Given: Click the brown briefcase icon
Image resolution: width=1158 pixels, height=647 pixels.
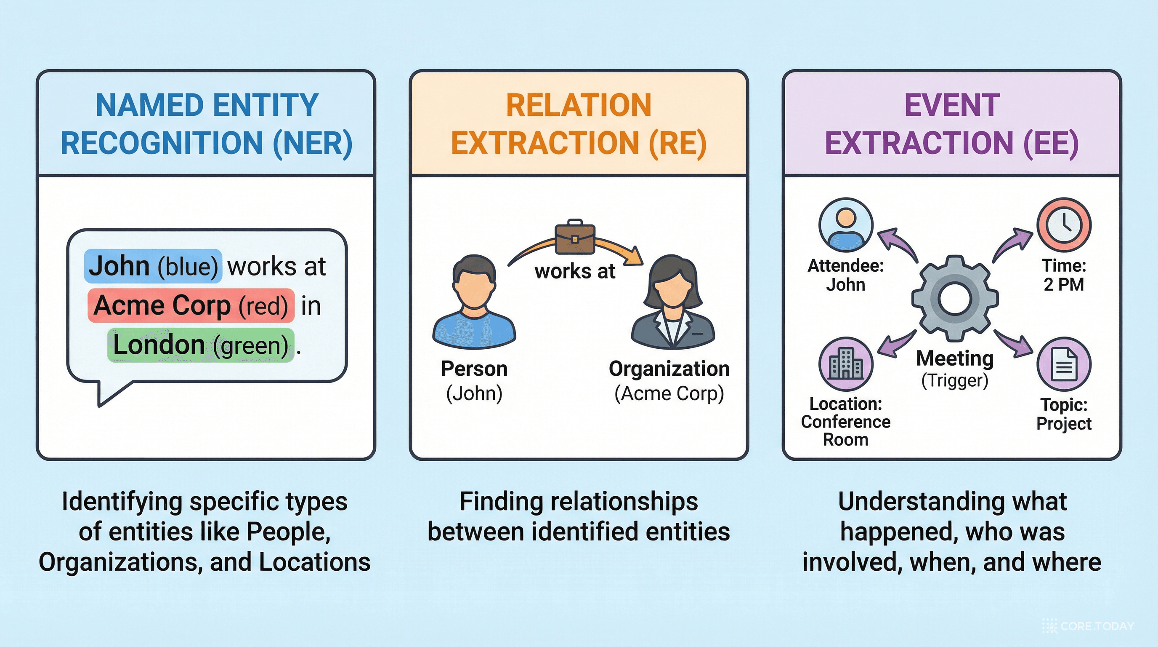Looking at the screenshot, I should point(575,237).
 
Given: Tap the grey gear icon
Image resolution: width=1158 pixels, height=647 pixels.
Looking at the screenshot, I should point(955,298).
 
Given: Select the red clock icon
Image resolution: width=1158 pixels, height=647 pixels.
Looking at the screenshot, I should point(1064,225).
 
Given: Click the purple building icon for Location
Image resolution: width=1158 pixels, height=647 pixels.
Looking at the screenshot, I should point(846,364).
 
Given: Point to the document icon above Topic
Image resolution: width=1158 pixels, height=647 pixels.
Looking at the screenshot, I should point(1064,364).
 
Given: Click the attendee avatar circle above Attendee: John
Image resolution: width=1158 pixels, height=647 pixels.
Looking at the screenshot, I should point(846,225).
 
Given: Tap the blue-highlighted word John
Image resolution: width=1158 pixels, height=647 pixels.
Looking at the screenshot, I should point(120,266).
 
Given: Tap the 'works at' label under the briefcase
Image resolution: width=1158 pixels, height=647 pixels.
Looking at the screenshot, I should point(574,272).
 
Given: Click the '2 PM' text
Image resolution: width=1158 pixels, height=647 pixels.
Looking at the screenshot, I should point(1064,285).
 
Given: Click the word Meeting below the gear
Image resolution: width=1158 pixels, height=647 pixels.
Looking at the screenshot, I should point(955,358).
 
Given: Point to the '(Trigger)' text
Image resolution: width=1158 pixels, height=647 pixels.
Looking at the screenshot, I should point(955,381).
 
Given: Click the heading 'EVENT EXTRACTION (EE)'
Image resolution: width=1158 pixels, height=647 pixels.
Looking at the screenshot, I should point(952,124).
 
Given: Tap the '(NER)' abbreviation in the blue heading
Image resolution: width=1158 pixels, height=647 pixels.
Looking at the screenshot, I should point(313,143).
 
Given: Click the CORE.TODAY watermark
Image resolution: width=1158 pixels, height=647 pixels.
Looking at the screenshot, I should point(1089,626).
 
